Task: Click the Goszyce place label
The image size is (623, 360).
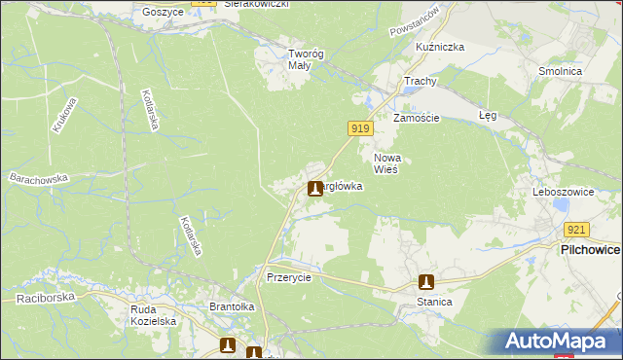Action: point(163,12)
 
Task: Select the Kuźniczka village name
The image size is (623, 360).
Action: point(440,47)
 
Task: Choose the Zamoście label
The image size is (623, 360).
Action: point(417,118)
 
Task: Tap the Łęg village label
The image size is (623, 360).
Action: point(488,115)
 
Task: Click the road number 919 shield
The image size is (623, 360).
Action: point(360,128)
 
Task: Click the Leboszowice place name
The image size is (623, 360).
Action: point(564,193)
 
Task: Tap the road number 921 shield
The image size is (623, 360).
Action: point(576,230)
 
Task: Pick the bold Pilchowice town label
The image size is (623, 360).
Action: point(590,250)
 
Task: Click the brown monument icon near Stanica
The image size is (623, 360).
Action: point(425,282)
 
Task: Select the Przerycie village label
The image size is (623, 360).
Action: point(289,277)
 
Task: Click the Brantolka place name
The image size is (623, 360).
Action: point(232,306)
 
